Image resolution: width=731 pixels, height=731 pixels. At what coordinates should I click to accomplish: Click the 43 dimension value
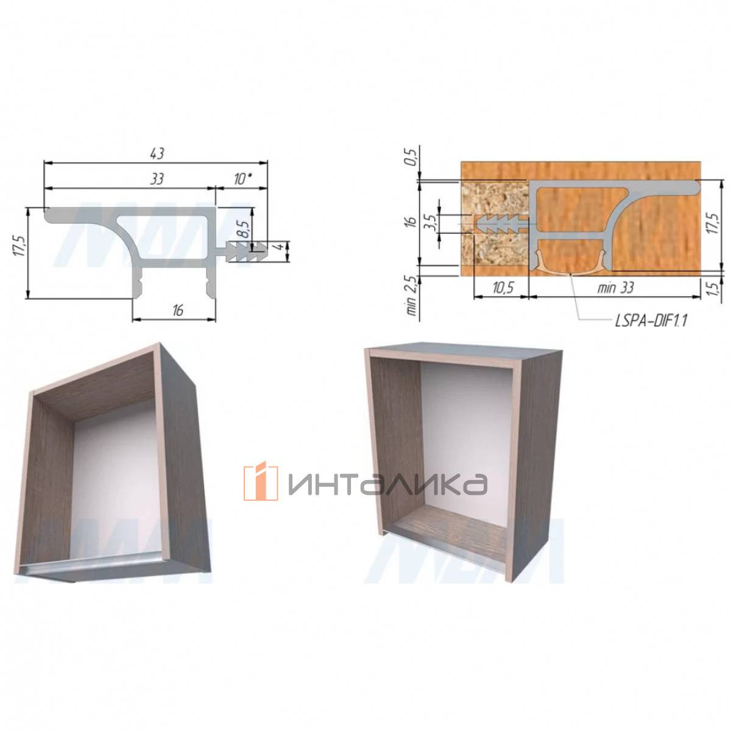[157, 154]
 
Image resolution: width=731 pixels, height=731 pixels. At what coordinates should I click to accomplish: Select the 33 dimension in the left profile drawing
[157, 178]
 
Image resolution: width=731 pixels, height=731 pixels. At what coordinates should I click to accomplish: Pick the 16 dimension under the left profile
[177, 310]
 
